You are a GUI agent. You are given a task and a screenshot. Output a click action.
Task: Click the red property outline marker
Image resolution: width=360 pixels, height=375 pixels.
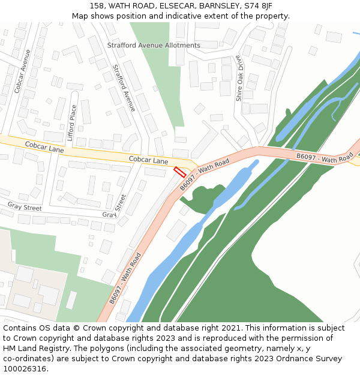(179, 172)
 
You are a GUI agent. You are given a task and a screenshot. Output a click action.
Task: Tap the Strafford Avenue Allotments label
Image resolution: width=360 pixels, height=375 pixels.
(154, 46)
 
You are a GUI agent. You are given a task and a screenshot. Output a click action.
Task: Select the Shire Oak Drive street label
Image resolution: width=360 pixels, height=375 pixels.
(239, 78)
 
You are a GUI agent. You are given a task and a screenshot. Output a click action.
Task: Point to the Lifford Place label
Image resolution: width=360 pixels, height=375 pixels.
(73, 122)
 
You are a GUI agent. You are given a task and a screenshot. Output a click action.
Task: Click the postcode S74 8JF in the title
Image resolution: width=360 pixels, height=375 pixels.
(259, 6)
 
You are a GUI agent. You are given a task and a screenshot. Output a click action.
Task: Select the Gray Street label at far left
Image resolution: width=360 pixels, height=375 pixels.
(25, 206)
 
